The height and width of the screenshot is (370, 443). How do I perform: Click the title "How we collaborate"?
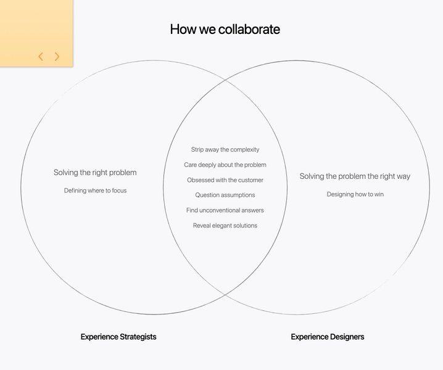click(225, 29)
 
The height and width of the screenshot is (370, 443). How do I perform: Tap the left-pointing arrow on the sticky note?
click(41, 57)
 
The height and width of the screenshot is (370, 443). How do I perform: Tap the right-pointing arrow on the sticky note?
click(57, 57)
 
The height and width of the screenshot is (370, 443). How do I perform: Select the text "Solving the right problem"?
click(95, 173)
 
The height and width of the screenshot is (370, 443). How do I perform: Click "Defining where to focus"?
click(95, 191)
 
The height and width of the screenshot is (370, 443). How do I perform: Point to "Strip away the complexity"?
click(225, 150)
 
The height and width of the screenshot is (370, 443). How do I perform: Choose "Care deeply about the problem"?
click(225, 165)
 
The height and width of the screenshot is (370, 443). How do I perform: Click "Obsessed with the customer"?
click(225, 180)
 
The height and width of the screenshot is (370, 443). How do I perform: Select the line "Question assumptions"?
click(225, 195)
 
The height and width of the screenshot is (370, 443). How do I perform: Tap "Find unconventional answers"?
click(225, 210)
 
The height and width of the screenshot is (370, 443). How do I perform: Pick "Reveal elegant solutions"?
click(225, 226)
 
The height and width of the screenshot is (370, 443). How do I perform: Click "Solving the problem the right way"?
click(355, 176)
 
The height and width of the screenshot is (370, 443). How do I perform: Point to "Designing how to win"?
click(355, 194)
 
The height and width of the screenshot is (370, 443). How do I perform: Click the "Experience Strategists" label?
click(118, 337)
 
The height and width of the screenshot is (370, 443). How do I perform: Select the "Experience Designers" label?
click(328, 337)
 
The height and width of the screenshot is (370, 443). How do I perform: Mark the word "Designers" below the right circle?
click(346, 337)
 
